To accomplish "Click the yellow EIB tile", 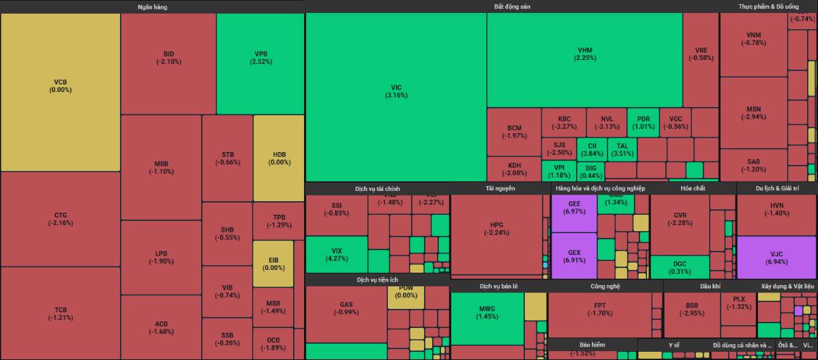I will [273, 263].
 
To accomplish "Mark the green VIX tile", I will [336, 254].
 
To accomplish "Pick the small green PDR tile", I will [643, 123].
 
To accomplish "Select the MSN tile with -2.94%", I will [753, 112].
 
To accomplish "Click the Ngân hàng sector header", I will [152, 7].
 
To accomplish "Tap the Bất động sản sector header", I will [512, 7].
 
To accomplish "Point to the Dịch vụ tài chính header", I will [377, 188].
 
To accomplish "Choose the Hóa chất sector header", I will [693, 188].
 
